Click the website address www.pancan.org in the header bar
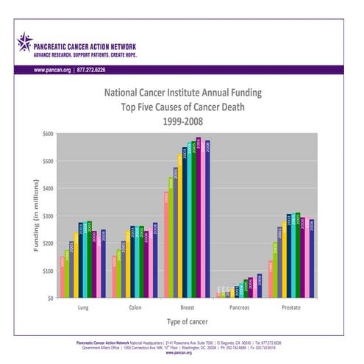(x=52, y=69)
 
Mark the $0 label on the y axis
(x=50, y=298)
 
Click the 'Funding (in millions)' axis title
(x=35, y=216)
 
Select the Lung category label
(x=84, y=308)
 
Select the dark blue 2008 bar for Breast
(x=208, y=218)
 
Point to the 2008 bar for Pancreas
(x=260, y=287)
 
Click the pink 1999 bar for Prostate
(x=271, y=279)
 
